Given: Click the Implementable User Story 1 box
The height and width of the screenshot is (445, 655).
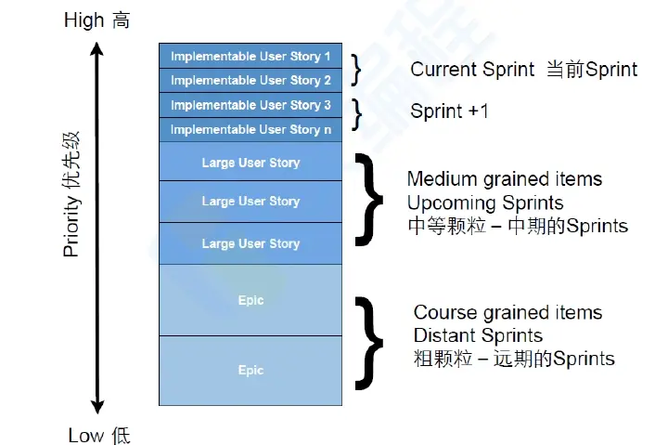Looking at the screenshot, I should point(250,57).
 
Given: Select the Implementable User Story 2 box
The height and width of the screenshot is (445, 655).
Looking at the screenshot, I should point(250,81).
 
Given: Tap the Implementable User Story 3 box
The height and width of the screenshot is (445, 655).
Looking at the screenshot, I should point(250,105).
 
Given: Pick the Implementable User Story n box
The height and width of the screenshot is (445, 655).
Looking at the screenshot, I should point(250,129).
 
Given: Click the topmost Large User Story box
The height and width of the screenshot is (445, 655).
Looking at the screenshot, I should point(250,163).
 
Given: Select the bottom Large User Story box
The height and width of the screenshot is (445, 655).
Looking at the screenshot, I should point(250,243).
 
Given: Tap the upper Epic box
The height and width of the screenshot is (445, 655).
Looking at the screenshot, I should point(250,300).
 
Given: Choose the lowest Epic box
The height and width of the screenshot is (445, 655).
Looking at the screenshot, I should point(250,370).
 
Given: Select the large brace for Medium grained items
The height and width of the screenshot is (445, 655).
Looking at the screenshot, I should point(371,202).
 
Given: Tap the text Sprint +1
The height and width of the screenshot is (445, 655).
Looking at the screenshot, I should point(449,111).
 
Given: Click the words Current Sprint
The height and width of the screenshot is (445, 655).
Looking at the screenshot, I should point(472,70).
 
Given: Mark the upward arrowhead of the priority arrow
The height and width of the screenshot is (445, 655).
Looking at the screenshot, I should point(96,48).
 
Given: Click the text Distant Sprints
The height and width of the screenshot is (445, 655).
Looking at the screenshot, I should point(478,335).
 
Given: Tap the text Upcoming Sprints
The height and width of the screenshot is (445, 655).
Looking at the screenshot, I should point(484,203).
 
